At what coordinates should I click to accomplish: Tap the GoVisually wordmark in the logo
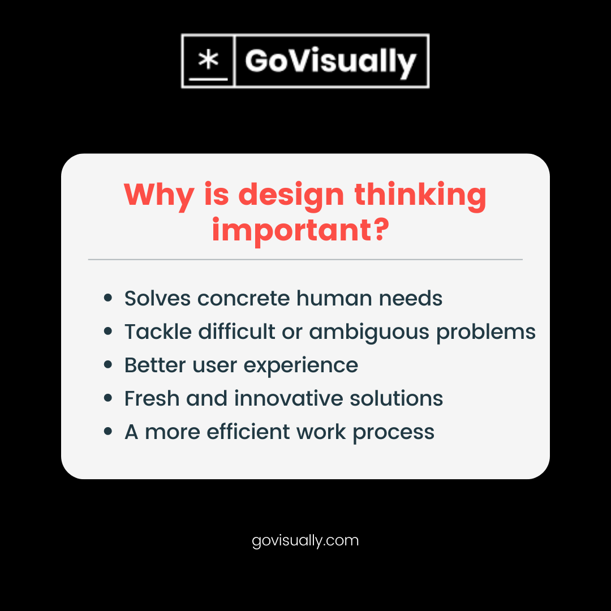[x=331, y=62]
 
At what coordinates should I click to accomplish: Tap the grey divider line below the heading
[x=305, y=260]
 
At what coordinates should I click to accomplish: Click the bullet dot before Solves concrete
[x=108, y=298]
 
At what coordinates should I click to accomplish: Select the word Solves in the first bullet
[x=157, y=298]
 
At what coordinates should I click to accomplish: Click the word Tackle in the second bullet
[x=158, y=332]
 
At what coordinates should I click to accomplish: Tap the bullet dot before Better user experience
[x=108, y=365]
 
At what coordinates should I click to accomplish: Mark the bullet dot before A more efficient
[x=108, y=432]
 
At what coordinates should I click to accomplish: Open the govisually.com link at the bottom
[x=305, y=541]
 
